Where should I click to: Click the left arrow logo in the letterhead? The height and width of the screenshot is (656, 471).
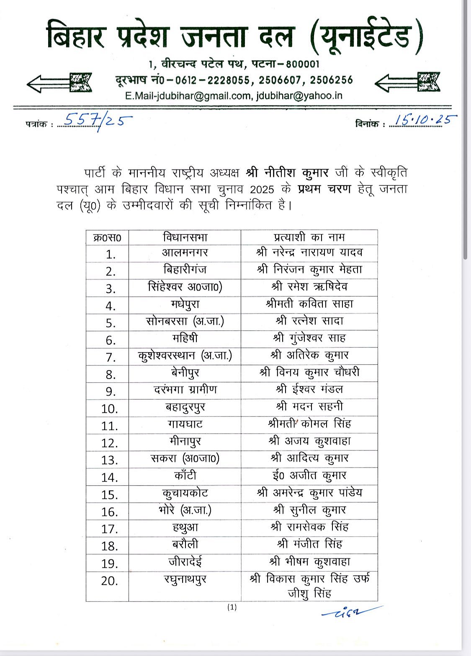(x=59, y=82)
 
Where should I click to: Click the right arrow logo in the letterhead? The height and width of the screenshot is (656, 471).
(x=407, y=82)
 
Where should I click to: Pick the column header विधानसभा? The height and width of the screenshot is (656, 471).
(x=185, y=237)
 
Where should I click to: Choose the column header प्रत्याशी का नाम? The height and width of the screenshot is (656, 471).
(x=309, y=237)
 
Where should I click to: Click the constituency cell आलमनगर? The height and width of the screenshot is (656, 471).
(x=185, y=252)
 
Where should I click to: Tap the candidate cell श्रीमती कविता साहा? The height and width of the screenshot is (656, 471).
(x=309, y=304)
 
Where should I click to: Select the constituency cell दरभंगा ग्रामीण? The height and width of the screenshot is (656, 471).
(x=185, y=390)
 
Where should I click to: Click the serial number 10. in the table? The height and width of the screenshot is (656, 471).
(x=109, y=409)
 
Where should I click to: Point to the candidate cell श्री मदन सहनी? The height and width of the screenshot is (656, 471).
(x=309, y=406)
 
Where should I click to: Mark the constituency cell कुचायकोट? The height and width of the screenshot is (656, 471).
(x=185, y=493)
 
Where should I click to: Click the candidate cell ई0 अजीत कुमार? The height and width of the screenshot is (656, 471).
(x=309, y=476)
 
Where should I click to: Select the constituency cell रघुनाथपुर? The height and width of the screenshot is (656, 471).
(x=185, y=580)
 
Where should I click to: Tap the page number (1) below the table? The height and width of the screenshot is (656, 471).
(x=232, y=607)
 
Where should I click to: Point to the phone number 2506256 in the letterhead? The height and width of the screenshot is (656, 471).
(x=332, y=80)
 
